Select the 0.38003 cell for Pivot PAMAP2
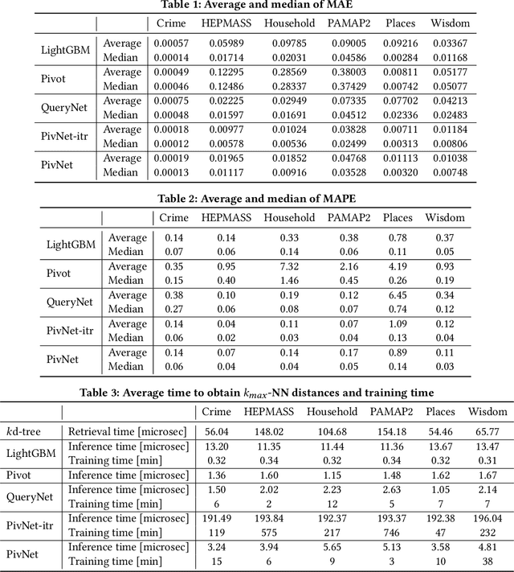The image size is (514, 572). coord(345,72)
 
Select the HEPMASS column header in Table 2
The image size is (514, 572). coord(226,217)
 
